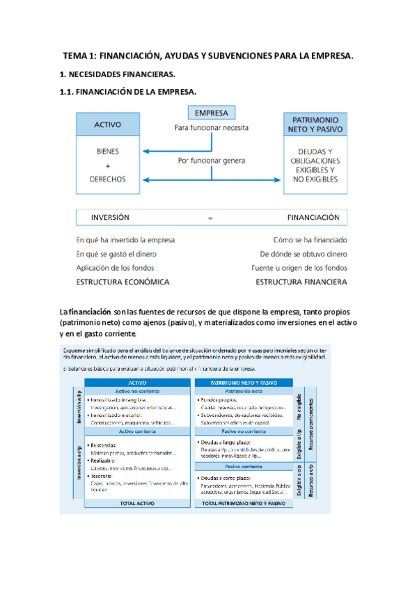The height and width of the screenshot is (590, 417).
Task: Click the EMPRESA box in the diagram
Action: [212, 113]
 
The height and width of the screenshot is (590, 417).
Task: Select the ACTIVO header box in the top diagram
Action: [108, 125]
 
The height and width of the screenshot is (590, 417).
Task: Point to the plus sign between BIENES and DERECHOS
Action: [108, 165]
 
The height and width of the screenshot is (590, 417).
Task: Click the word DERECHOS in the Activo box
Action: [108, 179]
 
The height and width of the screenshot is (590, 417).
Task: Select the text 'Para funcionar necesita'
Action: [212, 128]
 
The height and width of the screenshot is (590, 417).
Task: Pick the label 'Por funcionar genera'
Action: [212, 161]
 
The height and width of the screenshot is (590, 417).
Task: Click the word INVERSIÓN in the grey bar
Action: [110, 217]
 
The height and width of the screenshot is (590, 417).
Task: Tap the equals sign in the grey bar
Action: [210, 218]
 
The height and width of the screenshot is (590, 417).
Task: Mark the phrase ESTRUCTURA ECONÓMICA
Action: [123, 282]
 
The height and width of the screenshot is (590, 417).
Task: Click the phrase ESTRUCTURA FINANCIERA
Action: [301, 282]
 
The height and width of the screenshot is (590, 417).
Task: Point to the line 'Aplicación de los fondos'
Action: [115, 268]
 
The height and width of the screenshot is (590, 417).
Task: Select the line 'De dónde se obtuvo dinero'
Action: [304, 254]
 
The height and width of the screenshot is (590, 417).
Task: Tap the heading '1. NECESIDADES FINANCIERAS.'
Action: [117, 73]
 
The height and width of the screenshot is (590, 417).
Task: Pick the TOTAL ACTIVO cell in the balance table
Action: [136, 502]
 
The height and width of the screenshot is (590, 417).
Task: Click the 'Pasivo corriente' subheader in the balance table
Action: [243, 466]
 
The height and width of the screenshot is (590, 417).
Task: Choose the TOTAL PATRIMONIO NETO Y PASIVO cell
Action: [243, 502]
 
